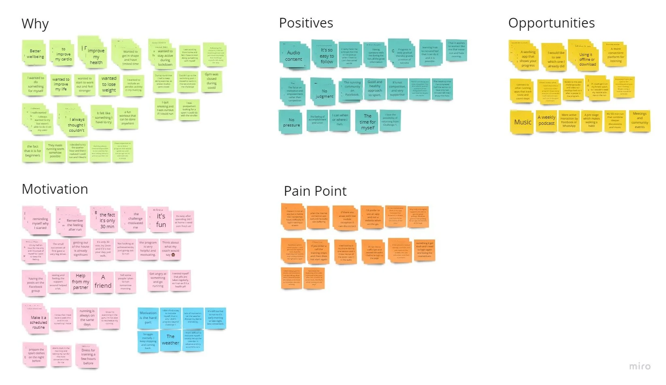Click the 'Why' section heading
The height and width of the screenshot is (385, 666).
click(35, 24)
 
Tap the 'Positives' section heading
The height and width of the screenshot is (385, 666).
click(306, 23)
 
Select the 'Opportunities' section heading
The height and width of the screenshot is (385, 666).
click(551, 23)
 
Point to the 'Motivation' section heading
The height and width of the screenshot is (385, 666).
click(55, 189)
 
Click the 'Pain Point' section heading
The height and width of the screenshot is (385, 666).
click(315, 191)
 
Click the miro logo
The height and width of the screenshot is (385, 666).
click(640, 366)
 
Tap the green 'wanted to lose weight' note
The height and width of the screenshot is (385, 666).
click(109, 84)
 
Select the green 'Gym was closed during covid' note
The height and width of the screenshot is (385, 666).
click(211, 81)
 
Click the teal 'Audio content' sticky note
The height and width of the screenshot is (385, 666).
click(294, 56)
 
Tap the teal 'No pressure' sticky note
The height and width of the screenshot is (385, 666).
click(291, 122)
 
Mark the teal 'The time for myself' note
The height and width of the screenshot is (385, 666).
click(367, 122)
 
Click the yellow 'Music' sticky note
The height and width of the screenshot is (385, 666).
click(523, 122)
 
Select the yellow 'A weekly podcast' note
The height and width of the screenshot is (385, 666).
click(546, 120)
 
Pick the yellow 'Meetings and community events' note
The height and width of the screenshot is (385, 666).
click(640, 120)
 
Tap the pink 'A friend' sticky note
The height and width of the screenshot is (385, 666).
click(103, 282)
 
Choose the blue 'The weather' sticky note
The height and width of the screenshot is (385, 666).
click(171, 340)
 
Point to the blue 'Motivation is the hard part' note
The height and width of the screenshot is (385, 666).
click(148, 318)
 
